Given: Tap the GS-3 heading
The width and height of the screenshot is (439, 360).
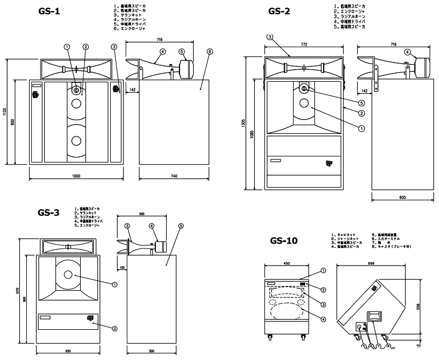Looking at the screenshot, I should point(48,213).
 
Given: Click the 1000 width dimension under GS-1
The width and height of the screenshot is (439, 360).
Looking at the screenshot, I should point(76,176).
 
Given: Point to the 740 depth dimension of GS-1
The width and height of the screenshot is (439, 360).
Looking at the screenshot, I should point(175,176).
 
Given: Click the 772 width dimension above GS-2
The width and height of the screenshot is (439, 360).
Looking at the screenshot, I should point(303,42).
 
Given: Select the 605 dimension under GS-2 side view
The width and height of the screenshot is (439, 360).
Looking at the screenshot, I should point(402,196).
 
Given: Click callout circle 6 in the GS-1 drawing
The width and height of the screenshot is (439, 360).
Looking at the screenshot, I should point(210,51).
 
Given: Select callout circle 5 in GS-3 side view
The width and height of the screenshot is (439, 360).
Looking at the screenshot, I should point(181,226).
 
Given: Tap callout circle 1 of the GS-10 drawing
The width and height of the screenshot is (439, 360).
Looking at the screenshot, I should point(323,270).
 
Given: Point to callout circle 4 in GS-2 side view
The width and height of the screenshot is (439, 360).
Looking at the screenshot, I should point(407,52).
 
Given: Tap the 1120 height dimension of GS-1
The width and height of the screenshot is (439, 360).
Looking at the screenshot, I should point(5,113).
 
